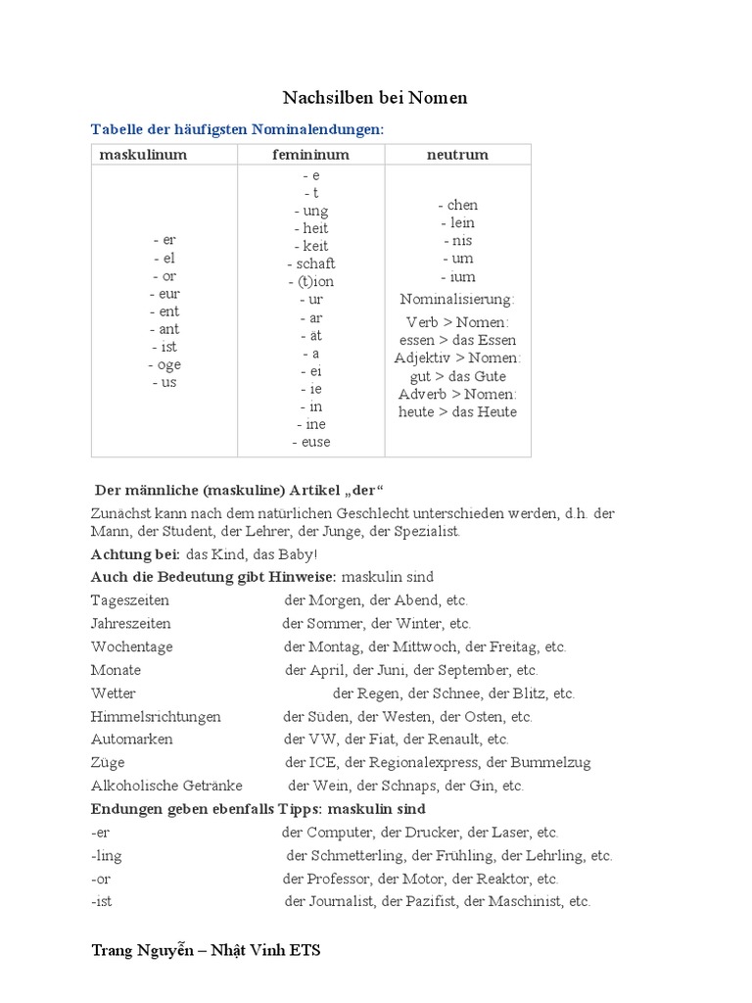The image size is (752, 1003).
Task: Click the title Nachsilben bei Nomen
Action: (x=375, y=97)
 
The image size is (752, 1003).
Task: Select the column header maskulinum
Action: (x=143, y=155)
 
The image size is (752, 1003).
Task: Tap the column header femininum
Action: (x=310, y=155)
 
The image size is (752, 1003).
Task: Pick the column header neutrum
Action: (x=457, y=155)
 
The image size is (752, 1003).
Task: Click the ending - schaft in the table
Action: (x=311, y=263)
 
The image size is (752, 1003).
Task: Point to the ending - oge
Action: (x=164, y=364)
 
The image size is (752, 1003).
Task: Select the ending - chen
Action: (x=457, y=205)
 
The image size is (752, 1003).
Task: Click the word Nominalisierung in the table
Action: (x=457, y=299)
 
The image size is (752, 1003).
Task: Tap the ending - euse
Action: (x=311, y=442)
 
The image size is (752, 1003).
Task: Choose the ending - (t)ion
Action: (x=311, y=281)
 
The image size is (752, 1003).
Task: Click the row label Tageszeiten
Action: (x=130, y=599)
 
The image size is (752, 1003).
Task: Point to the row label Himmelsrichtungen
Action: (x=156, y=716)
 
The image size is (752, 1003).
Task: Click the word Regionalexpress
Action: (x=425, y=762)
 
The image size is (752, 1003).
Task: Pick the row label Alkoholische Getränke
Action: (x=166, y=786)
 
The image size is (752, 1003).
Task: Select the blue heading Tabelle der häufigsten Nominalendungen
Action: (x=237, y=129)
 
